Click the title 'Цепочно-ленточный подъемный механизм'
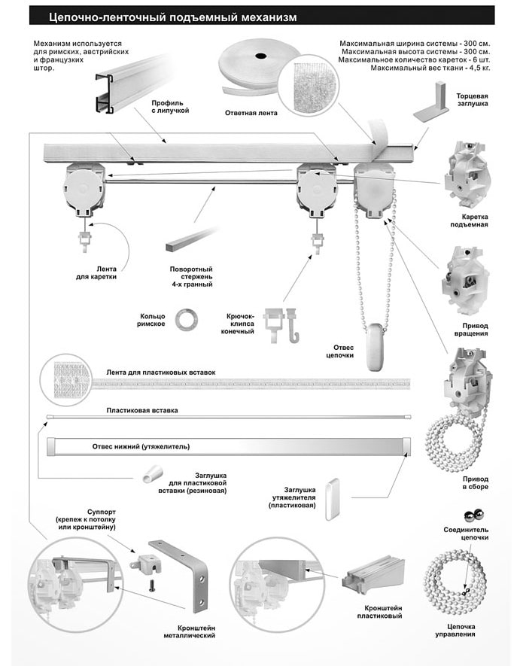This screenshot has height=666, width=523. pos(172,16)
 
